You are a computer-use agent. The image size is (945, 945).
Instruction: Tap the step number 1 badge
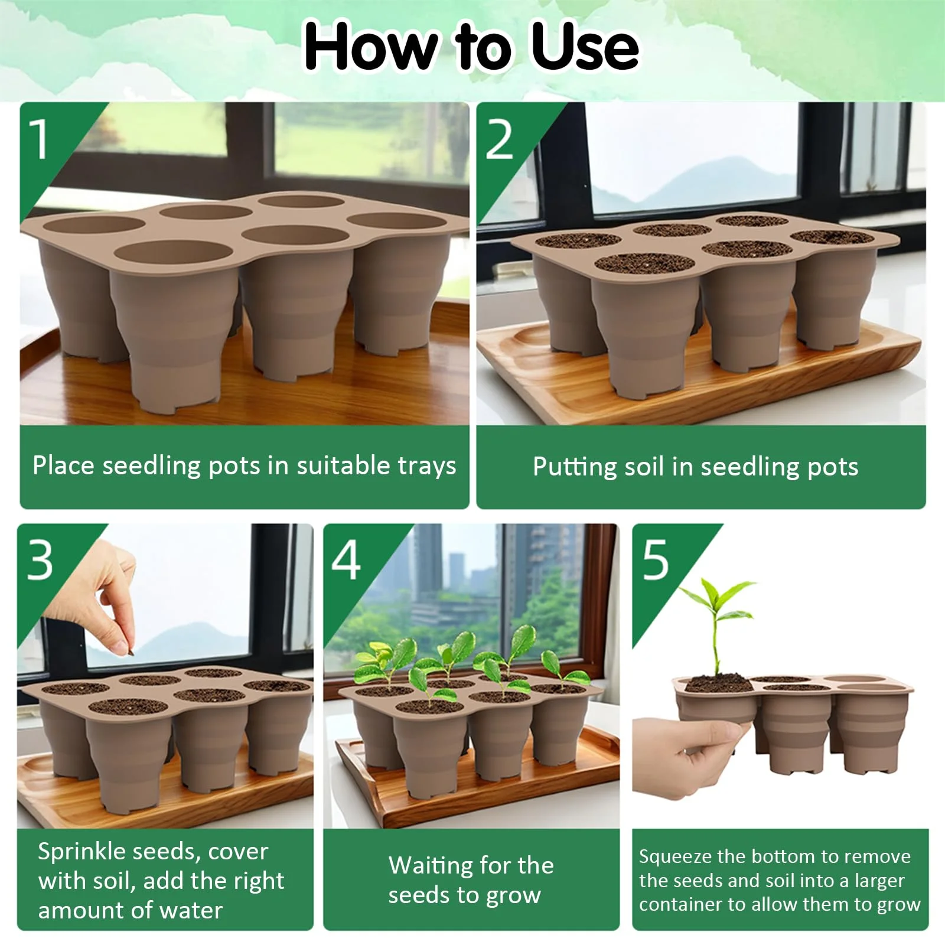[40, 139]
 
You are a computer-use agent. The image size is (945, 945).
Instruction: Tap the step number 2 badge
[499, 139]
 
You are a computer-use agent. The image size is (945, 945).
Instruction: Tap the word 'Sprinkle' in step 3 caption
[82, 852]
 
